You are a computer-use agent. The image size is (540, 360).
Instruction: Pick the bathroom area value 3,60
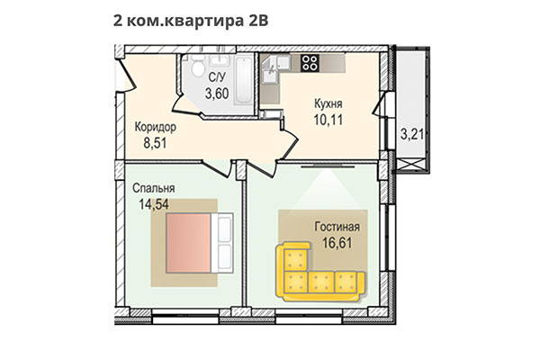point(216,93)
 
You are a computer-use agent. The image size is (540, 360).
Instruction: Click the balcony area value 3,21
point(411,135)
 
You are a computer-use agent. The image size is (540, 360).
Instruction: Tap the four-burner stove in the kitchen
point(310,63)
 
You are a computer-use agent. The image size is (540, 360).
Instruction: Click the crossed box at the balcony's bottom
point(411,164)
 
